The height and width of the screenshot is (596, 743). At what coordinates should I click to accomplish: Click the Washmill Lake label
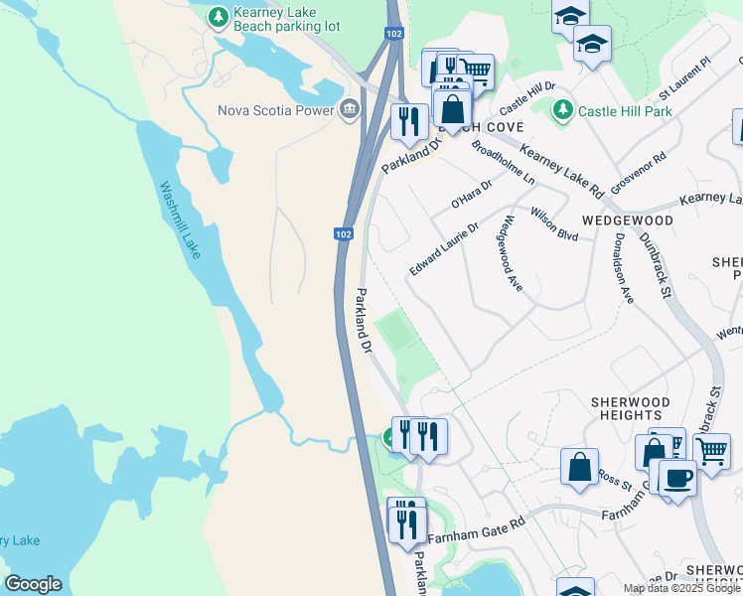click(x=180, y=220)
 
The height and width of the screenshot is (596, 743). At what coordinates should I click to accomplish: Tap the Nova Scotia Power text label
click(x=275, y=109)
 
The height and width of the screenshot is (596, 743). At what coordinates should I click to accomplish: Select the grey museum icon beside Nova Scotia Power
click(x=349, y=108)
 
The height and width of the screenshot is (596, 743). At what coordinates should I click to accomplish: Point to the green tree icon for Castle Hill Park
click(x=563, y=109)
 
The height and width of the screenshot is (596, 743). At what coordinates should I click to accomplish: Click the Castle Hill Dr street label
click(x=526, y=97)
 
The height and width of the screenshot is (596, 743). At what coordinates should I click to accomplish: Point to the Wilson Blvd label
click(x=554, y=223)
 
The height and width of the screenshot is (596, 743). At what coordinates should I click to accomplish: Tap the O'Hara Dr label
click(x=472, y=194)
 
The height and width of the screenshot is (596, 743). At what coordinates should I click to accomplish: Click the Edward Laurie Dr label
click(x=444, y=249)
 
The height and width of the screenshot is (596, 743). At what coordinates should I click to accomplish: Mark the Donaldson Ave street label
click(x=623, y=267)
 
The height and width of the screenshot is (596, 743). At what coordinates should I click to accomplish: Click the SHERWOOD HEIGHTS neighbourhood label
click(x=630, y=409)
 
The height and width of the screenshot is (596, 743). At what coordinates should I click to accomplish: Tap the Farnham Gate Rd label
click(x=476, y=530)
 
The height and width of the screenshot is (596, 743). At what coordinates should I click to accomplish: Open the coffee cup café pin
click(x=677, y=478)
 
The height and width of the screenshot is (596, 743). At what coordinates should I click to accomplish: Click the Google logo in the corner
click(x=33, y=584)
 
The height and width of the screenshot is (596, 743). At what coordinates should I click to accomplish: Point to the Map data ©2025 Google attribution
click(x=681, y=588)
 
